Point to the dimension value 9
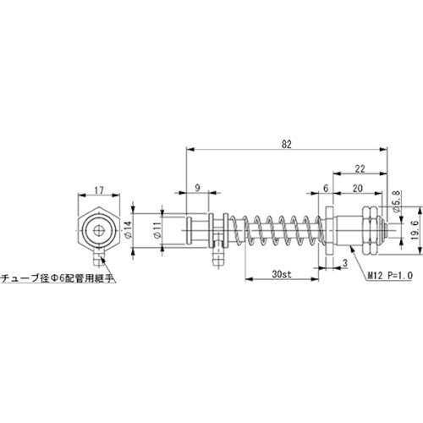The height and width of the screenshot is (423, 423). [197, 186]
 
